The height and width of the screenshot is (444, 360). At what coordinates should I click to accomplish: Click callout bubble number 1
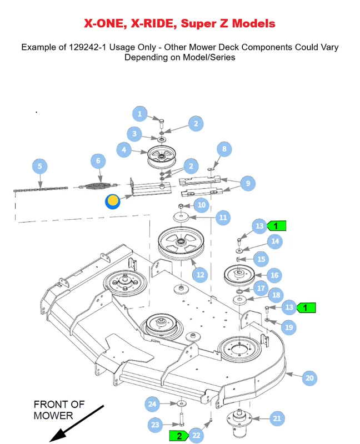139,114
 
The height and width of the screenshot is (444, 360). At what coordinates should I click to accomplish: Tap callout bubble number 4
124,149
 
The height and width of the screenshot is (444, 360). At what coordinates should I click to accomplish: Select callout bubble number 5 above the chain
39,166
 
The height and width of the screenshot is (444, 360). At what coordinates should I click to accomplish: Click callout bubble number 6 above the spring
98,161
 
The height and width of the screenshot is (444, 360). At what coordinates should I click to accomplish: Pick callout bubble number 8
224,149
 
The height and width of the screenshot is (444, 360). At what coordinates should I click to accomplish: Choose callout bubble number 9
248,183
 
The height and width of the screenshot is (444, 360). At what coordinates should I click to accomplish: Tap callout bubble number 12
200,275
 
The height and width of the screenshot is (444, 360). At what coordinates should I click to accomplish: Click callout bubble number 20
309,378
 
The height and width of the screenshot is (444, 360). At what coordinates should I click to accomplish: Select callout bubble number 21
277,418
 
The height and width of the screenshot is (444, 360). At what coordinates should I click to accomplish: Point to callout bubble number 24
152,404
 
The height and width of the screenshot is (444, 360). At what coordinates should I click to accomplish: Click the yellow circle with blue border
113,201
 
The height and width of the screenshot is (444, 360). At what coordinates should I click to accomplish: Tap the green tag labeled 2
178,436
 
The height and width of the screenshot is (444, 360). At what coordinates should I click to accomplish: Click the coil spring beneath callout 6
98,186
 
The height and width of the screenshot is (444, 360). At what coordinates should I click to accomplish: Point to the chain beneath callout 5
41,189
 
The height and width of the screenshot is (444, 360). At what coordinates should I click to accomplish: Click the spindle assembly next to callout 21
239,422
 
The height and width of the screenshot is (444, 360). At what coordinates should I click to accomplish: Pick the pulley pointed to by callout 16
239,275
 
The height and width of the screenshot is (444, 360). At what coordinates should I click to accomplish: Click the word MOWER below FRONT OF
53,416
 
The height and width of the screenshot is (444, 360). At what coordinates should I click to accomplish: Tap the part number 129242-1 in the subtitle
88,47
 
